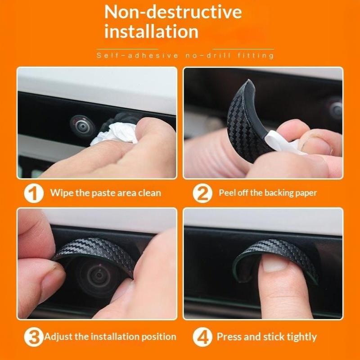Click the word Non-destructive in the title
coord(173,12)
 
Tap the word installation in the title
coord(151,31)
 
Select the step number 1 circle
coord(34,193)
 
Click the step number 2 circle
coord(202,193)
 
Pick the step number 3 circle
coord(33,337)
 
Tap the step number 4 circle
coord(202,337)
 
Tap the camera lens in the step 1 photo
coord(82,126)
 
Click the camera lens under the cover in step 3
coord(98,275)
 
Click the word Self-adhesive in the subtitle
coord(137,56)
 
